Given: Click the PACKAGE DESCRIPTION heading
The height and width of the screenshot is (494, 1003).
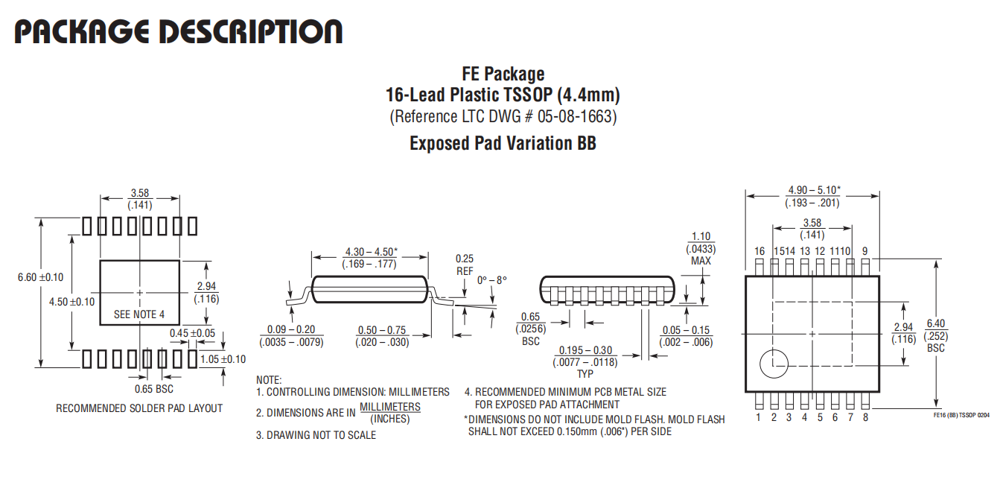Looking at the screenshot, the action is (179, 31).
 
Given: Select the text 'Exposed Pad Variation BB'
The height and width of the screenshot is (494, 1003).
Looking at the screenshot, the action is (503, 143).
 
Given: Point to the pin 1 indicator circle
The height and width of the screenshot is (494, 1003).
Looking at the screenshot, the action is (774, 364).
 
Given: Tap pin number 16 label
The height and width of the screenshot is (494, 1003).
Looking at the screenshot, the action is (760, 251).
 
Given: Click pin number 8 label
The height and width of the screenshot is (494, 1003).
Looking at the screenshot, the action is (865, 417).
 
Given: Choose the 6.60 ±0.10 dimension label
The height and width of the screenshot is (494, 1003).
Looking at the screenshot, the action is (41, 277).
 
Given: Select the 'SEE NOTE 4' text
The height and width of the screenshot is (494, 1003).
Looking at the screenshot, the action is (139, 314).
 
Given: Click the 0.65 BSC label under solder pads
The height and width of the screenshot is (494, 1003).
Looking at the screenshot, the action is (154, 389).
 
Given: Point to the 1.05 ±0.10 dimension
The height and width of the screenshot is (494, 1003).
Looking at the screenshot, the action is (223, 359).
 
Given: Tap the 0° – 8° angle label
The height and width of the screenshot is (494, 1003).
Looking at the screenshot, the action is (491, 280).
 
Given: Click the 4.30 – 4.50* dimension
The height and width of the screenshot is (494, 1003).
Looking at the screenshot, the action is (370, 258).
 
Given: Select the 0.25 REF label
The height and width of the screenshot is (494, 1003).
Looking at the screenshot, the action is (465, 265).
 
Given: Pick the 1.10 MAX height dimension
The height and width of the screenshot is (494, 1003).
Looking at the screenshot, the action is (701, 249).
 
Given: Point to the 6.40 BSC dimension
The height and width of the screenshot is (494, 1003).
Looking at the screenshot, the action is (936, 335).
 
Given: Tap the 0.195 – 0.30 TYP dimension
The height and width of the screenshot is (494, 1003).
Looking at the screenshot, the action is (585, 362).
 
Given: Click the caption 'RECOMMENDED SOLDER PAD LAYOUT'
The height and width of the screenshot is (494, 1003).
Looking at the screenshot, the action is (139, 408).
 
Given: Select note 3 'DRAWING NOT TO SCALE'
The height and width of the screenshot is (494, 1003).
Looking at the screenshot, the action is (316, 435).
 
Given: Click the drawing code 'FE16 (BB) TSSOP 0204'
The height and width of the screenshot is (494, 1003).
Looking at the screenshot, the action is (961, 415).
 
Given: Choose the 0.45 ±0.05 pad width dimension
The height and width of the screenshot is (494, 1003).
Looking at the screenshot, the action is (193, 333).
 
